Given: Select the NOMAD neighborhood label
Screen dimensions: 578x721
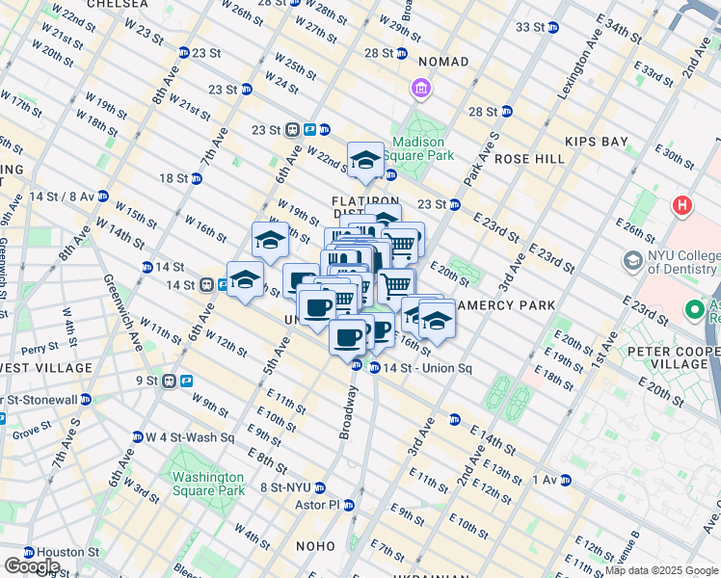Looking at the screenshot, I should click(441, 62).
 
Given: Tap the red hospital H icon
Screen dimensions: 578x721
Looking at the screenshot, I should click(683, 205).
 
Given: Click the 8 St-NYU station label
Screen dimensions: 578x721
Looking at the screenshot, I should click(293, 487).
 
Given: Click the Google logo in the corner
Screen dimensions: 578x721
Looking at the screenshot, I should click(32, 566).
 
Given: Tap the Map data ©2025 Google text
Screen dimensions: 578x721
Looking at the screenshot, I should click(660, 571).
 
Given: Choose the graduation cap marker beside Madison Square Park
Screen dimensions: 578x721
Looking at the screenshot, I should click(365, 160).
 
